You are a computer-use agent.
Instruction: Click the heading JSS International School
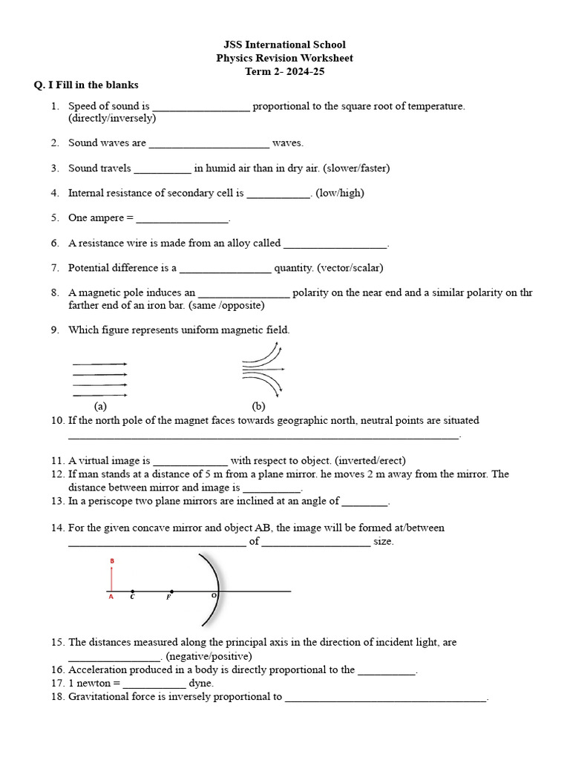pos(285,45)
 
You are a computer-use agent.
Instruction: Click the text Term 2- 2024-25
pos(285,71)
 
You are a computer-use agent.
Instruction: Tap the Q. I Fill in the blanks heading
pos(86,85)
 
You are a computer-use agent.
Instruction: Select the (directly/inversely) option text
pos(112,118)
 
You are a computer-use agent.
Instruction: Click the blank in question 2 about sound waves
pos(209,143)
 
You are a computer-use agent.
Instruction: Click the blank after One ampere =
pos(183,218)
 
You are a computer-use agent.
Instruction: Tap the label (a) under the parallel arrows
pos(101,406)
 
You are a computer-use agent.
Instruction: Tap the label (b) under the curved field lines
pos(259,406)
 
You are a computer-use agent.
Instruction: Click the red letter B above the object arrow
pos(111,561)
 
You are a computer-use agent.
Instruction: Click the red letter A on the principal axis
pos(111,596)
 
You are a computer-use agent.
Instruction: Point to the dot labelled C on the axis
pos(132,592)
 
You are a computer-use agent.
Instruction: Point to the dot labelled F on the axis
pos(171,592)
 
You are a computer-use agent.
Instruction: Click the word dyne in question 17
pos(201,683)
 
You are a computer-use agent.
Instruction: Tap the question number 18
pos(58,697)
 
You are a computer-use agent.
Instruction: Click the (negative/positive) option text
pos(209,656)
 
